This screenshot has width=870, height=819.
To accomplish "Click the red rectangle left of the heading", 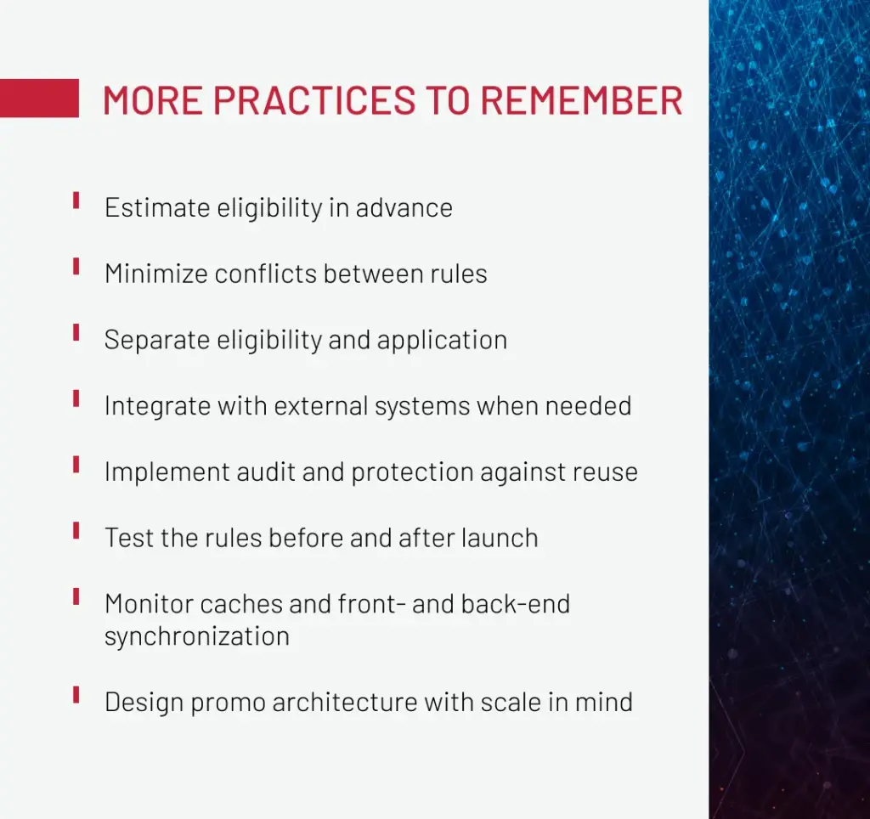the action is (39, 99).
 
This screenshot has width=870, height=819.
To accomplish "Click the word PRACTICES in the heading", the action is (314, 100).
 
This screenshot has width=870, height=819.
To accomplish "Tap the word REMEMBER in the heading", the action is (581, 100).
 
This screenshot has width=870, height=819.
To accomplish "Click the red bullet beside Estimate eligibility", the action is (76, 201).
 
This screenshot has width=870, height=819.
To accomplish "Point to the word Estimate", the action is (157, 208).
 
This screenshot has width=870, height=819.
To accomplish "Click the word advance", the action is (404, 208).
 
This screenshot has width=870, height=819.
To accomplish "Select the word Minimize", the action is (156, 274).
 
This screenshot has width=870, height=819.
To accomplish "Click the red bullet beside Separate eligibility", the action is (76, 332).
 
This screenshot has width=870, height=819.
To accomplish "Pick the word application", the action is (442, 340).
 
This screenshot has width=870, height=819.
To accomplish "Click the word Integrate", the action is (157, 406).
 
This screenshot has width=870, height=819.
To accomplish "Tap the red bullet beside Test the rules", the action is (76, 530).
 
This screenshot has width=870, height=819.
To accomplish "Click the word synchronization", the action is (197, 636).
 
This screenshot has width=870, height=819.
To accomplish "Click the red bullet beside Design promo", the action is (76, 695).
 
